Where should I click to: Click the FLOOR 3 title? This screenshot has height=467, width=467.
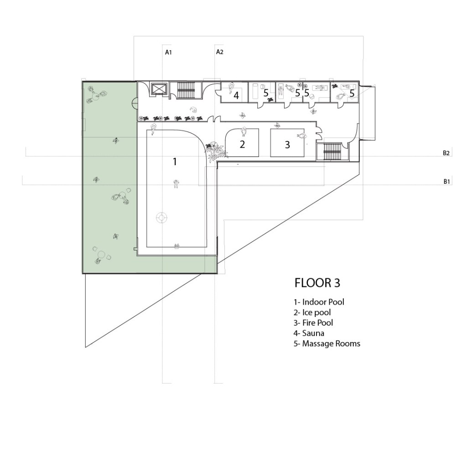(x=317, y=283)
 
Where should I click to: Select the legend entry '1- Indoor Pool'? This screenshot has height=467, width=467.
(x=319, y=302)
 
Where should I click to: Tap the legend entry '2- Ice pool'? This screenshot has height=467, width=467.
(x=312, y=312)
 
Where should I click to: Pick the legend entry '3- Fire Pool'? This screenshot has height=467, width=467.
(x=313, y=323)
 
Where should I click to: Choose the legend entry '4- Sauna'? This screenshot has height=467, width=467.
(x=309, y=333)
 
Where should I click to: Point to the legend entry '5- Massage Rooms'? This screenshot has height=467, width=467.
(x=327, y=344)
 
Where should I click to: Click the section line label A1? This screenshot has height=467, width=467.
(x=169, y=52)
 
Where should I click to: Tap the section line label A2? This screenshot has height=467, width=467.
(x=219, y=52)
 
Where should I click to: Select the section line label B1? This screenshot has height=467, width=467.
(x=447, y=182)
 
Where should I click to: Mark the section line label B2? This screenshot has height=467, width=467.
(x=446, y=153)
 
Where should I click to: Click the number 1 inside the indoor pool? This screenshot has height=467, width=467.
(x=175, y=162)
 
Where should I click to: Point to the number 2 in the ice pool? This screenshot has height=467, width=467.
(x=243, y=144)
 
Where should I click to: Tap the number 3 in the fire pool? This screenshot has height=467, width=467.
(x=287, y=145)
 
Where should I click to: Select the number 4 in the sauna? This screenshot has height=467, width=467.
(x=236, y=96)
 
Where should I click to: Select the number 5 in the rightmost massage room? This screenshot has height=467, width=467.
(x=352, y=93)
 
